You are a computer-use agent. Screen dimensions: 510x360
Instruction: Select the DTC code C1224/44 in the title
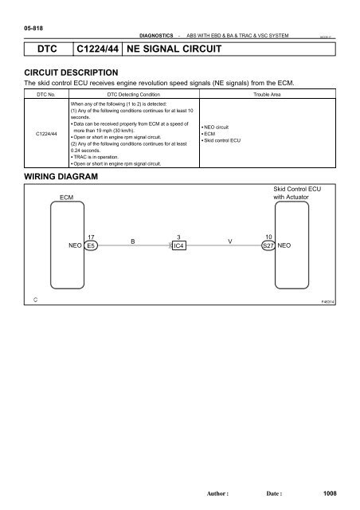[94, 50]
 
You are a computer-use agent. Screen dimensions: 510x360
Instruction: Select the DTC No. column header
[44, 94]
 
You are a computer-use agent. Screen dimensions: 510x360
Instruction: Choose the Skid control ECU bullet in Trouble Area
[226, 139]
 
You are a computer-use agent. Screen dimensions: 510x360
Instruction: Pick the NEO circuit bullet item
[221, 127]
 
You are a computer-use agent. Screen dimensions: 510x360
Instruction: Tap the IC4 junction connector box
[179, 246]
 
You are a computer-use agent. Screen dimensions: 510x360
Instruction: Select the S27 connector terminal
[268, 246]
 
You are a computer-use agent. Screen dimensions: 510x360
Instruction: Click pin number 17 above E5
[92, 236]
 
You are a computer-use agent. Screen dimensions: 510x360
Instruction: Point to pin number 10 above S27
[268, 236]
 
